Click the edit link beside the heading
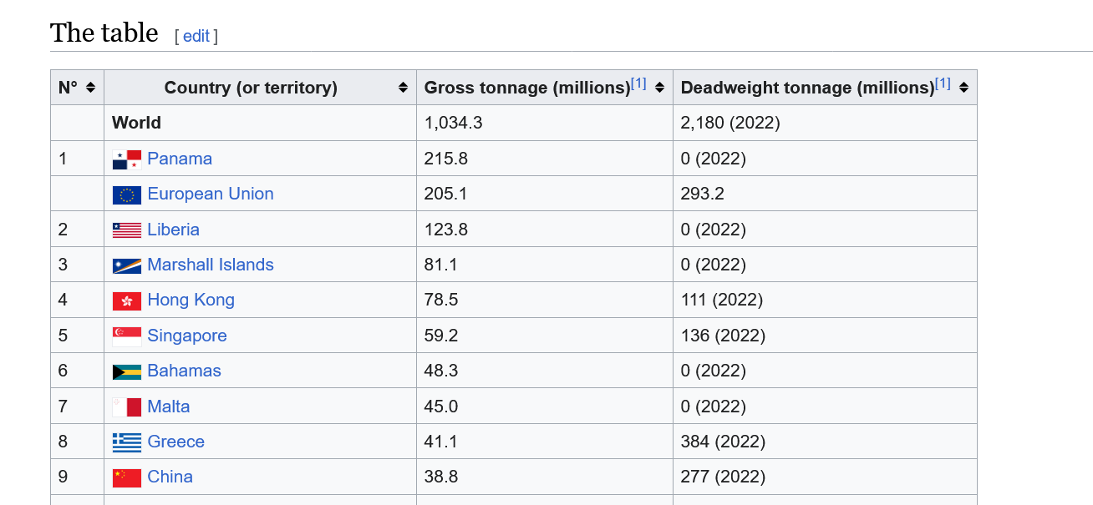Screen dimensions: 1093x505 196,36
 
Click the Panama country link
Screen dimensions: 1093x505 180,159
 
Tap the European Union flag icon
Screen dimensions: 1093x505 127,195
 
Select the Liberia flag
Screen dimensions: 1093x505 127,230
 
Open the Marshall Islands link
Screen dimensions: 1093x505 211,265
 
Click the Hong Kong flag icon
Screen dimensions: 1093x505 127,300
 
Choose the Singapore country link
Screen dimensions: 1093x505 187,336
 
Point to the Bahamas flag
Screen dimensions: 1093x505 127,372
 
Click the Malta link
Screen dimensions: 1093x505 168,406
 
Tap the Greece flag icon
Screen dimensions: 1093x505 127,442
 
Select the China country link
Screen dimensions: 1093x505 170,477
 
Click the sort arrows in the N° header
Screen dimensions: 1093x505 90,88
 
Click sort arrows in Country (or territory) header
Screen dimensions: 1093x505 403,88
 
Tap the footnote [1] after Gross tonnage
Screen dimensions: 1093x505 638,83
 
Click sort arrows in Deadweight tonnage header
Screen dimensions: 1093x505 963,88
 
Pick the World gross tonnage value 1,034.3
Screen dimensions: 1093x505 453,123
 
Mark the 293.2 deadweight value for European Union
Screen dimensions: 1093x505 702,194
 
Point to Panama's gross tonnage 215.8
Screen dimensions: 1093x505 445,159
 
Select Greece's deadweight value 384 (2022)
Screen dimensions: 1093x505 723,441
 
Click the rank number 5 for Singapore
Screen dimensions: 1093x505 63,336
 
